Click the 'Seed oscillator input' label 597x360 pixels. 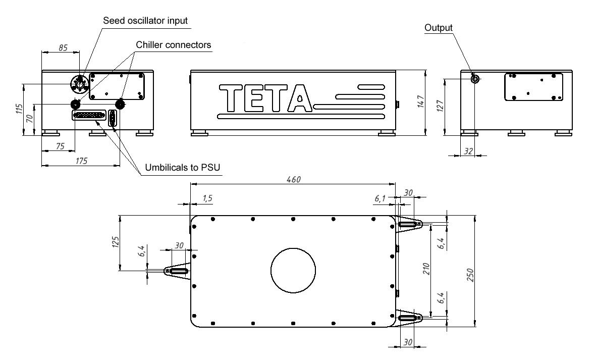pyautogui.click(x=145, y=21)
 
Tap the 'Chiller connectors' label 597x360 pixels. pyautogui.click(x=173, y=45)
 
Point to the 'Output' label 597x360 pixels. pyautogui.click(x=438, y=27)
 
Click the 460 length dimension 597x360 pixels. pyautogui.click(x=292, y=180)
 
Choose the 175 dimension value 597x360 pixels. pyautogui.click(x=81, y=161)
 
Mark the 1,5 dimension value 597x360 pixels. pyautogui.click(x=207, y=199)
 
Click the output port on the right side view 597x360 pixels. pyautogui.click(x=474, y=79)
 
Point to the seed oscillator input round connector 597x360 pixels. pyautogui.click(x=79, y=83)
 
